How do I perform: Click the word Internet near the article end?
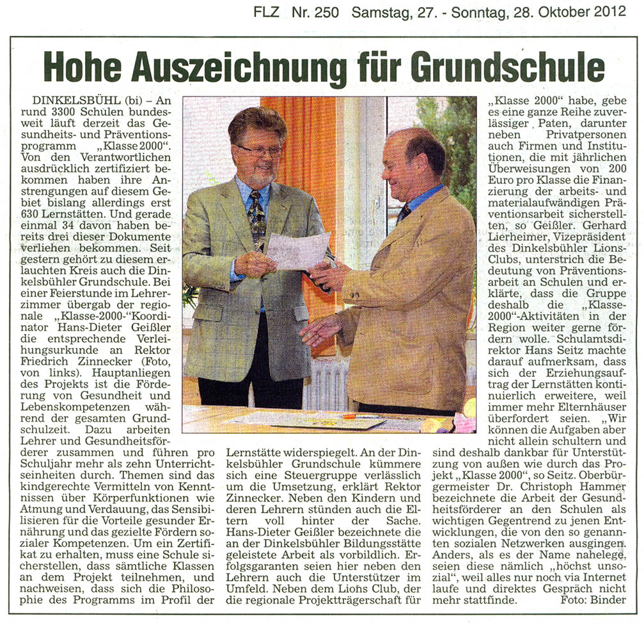coord(604,577)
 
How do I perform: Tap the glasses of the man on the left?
coord(259,150)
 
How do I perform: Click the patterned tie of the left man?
coord(257,217)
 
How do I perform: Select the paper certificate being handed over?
coord(297,249)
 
